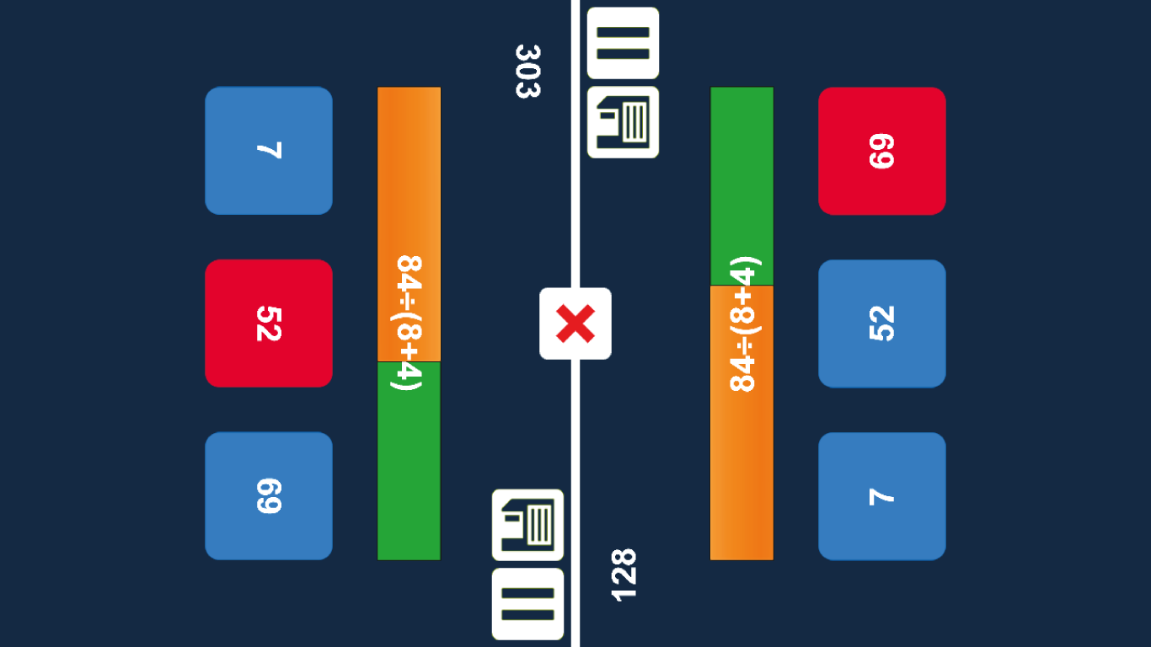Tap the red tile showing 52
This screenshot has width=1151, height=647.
[x=269, y=323]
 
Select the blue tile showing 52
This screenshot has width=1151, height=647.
[x=881, y=323]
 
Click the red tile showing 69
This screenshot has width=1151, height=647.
[x=881, y=151]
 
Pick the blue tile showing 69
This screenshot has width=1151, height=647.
[x=269, y=495]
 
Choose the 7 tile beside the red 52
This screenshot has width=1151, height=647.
[x=269, y=151]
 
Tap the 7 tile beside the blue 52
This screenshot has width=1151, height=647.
[x=881, y=495]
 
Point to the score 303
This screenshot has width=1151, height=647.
[x=527, y=72]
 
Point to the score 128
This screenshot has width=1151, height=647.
[x=624, y=575]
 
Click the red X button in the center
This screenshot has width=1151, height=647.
[x=575, y=323]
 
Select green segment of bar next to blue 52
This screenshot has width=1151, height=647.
[x=741, y=168]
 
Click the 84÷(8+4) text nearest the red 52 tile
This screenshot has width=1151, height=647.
[x=409, y=323]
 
